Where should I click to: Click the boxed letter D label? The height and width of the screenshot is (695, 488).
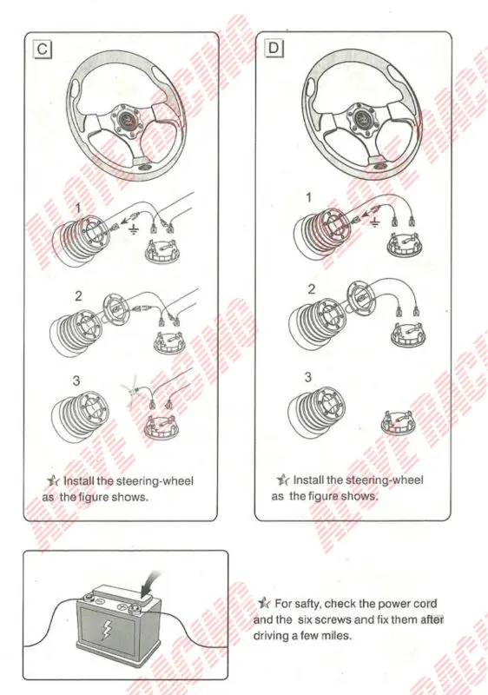[274, 49]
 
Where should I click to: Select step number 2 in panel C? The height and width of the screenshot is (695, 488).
[78, 295]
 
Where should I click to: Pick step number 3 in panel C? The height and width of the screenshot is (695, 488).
[76, 380]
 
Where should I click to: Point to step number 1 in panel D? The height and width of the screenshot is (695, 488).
[308, 198]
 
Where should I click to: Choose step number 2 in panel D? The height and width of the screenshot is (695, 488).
[311, 288]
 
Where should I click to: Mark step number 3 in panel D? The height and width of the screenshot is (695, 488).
[308, 377]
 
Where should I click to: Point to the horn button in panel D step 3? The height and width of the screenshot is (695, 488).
[399, 423]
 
